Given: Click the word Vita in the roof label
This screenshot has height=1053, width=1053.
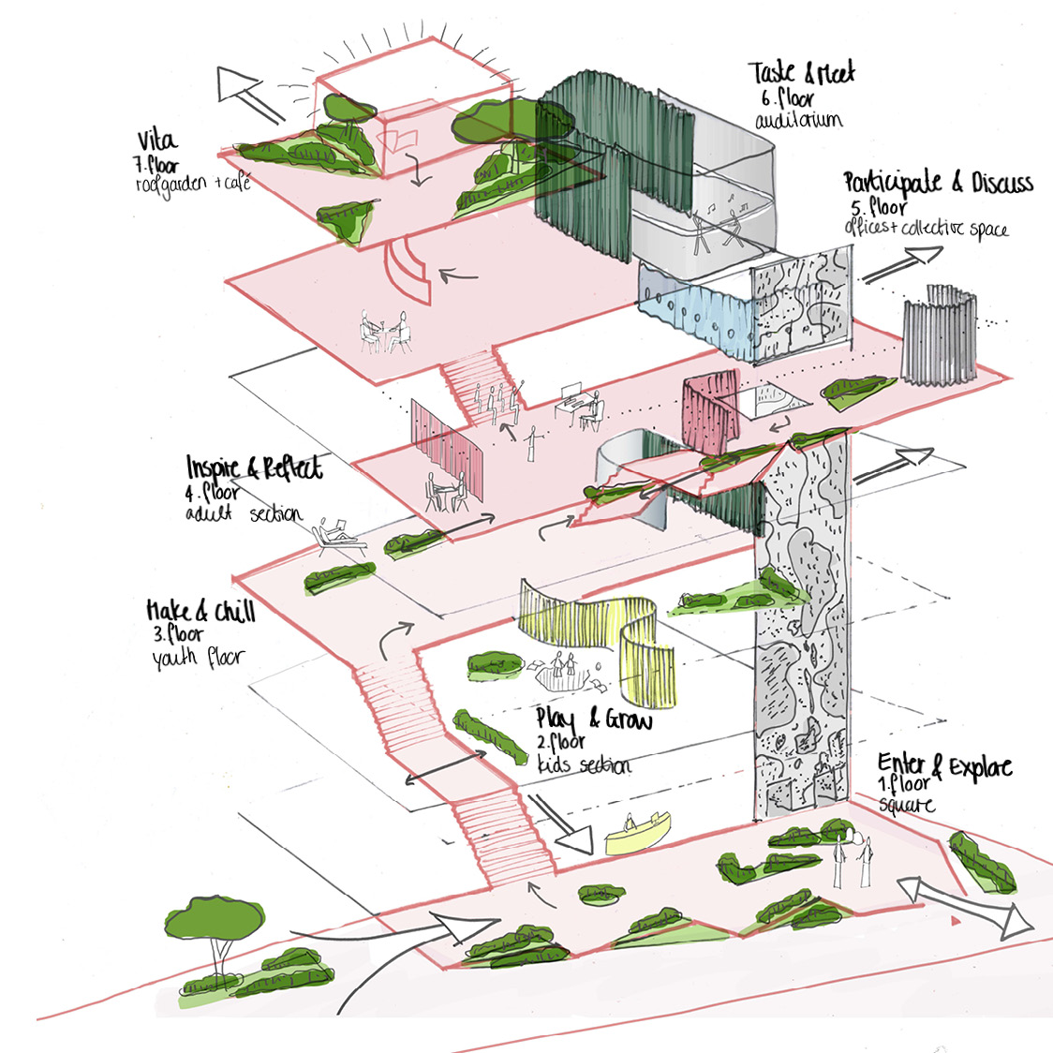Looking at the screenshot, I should click(x=156, y=141).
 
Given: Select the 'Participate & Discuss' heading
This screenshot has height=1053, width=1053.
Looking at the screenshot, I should click(x=937, y=182).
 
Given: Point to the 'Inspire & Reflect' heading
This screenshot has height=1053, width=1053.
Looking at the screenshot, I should click(x=254, y=467).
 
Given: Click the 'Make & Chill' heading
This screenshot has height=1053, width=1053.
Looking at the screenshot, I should click(x=200, y=612).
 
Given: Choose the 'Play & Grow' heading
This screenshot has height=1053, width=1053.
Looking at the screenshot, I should click(x=593, y=719).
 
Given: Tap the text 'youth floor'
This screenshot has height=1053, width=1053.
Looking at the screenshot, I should click(x=198, y=658).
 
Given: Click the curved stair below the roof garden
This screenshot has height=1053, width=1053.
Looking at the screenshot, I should click(x=410, y=271).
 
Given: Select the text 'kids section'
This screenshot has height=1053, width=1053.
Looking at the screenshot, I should click(x=584, y=764).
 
